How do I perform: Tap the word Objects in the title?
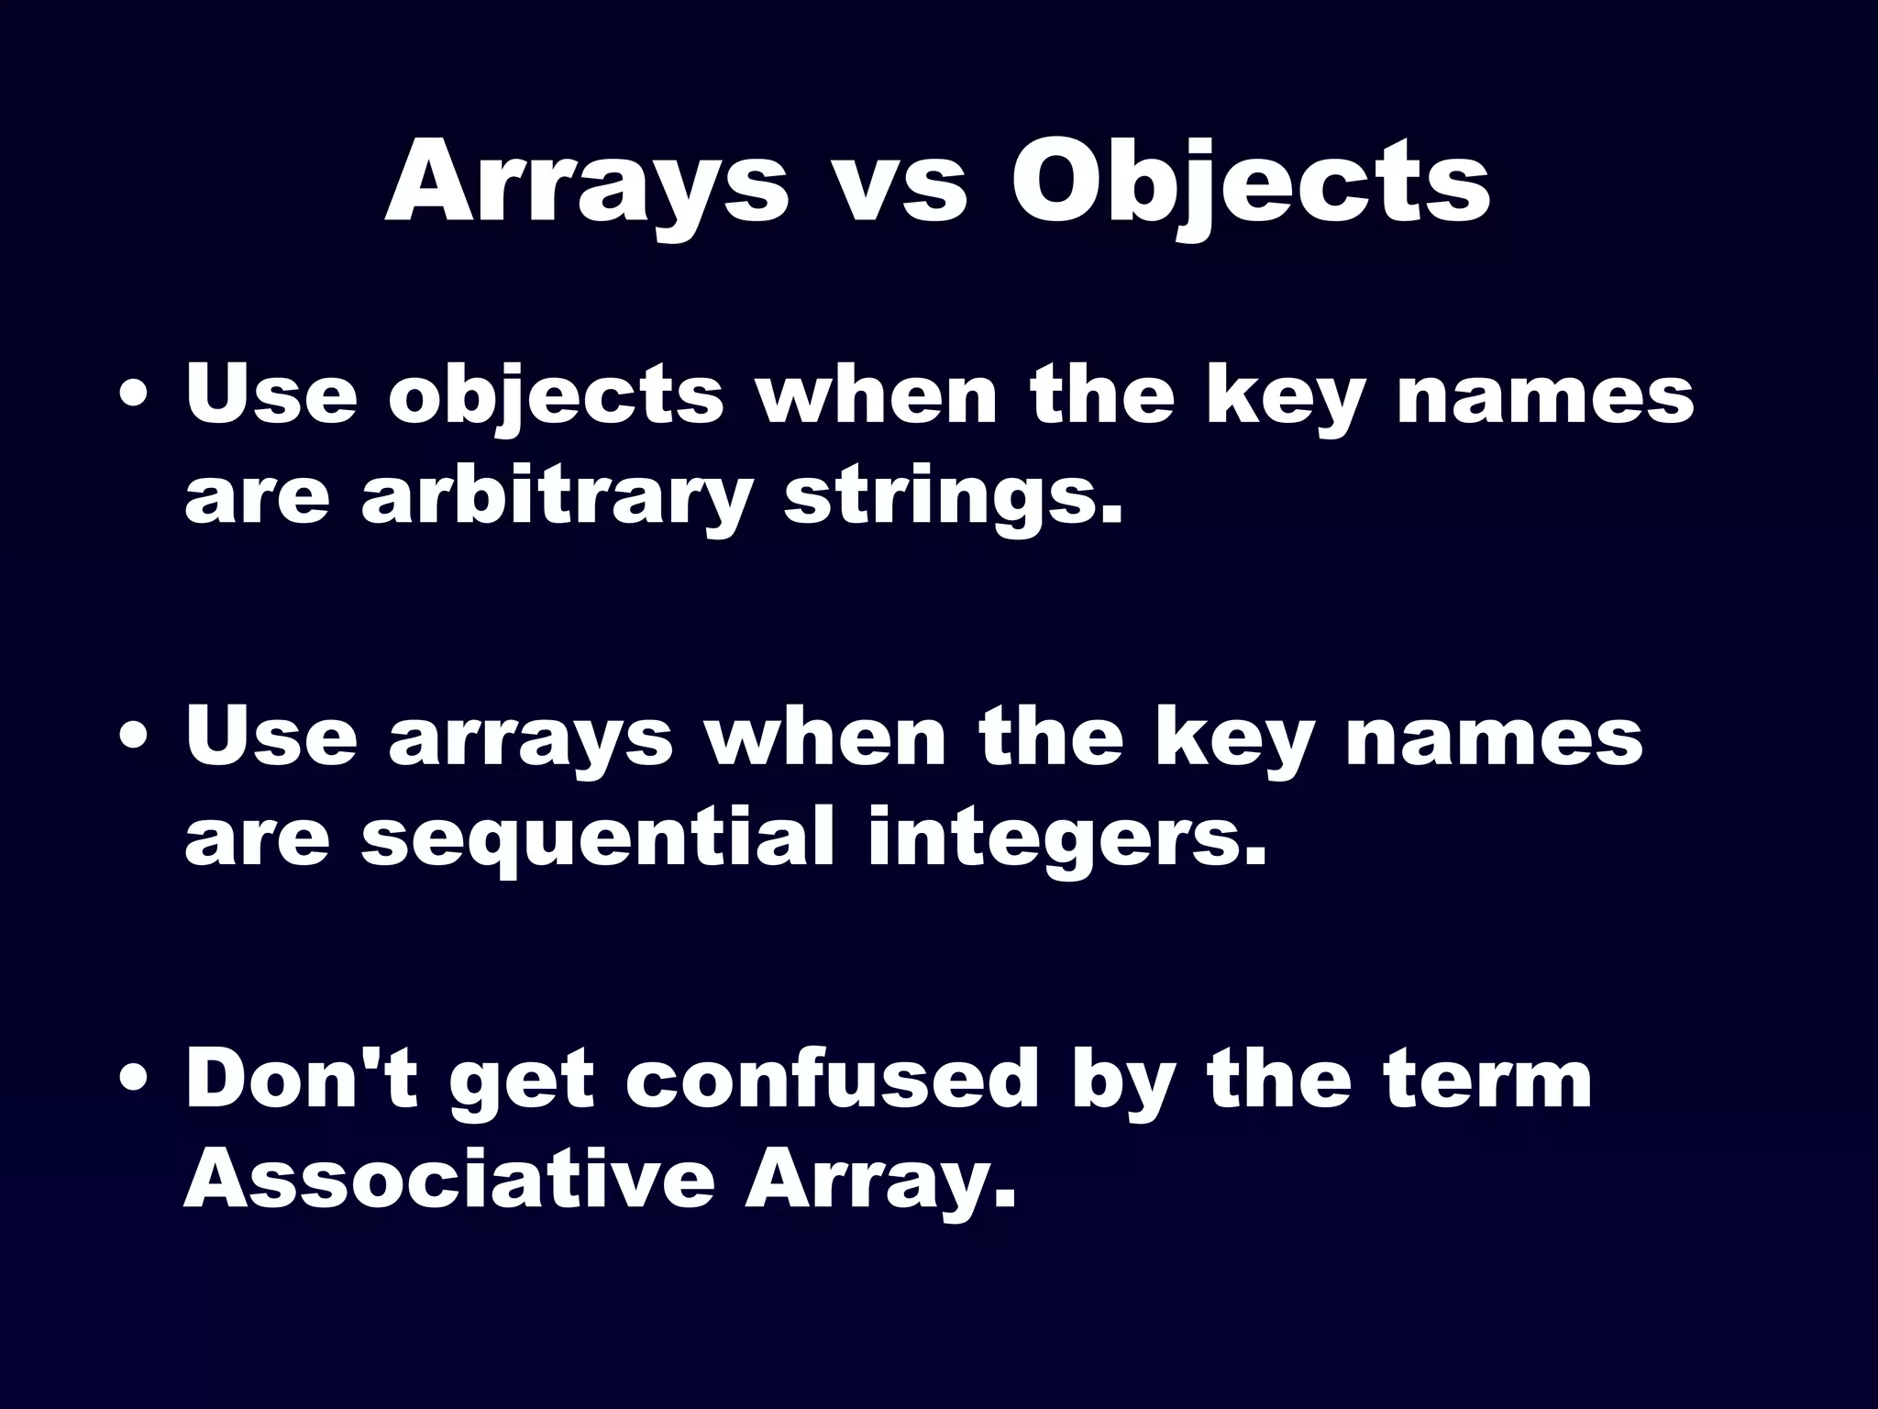[x=1251, y=183]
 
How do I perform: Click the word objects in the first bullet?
[x=556, y=396]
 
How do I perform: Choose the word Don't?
[x=303, y=1080]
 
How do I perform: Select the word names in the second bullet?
[x=1495, y=738]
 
